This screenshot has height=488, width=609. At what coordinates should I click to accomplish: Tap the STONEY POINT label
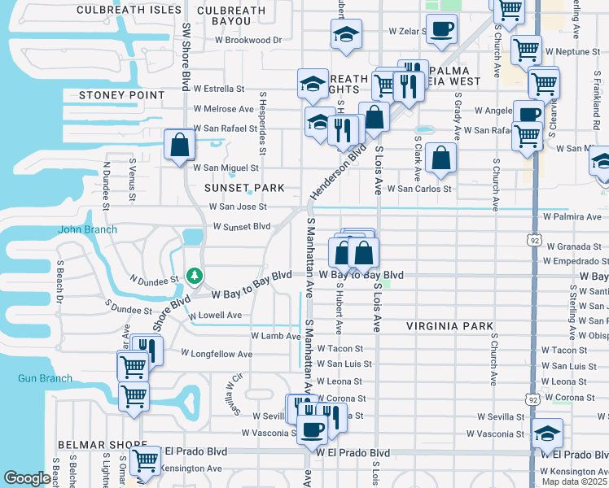121,95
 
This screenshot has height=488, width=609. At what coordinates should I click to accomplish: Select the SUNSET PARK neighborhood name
244,188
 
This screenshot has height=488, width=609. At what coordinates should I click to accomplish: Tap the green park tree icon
194,276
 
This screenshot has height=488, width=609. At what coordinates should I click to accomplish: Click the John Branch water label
87,229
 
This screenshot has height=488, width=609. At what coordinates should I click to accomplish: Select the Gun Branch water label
45,378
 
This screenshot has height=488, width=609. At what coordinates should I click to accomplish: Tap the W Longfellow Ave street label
217,354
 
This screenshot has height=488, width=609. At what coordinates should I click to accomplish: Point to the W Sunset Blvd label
240,226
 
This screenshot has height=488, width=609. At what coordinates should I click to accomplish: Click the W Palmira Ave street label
572,217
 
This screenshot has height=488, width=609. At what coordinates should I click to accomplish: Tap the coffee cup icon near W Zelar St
442,29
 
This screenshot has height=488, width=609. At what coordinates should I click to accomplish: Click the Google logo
27,478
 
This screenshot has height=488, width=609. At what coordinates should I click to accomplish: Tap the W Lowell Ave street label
216,315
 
